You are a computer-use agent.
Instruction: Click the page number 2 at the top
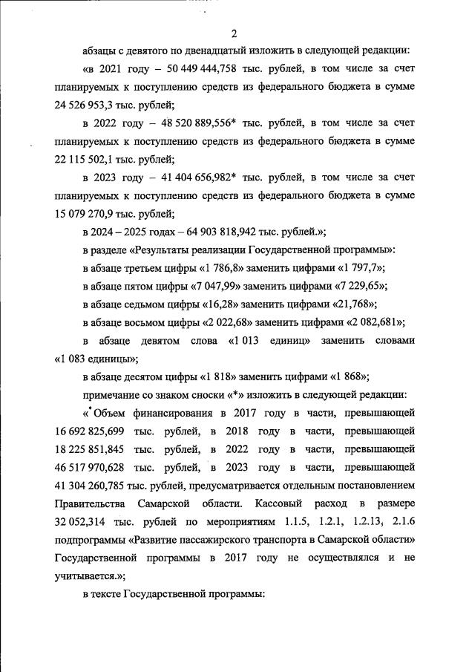234,34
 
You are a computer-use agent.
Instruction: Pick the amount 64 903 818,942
223,232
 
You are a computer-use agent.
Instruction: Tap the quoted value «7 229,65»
375,286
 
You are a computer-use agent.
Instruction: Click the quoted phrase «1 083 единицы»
96,357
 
